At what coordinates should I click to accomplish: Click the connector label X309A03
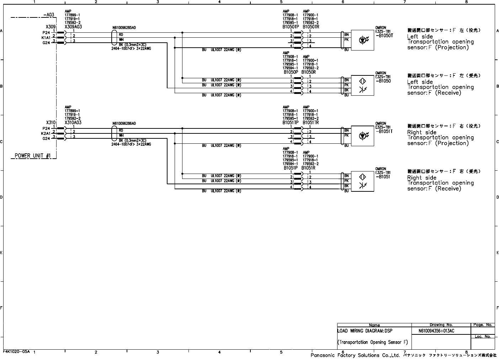73,27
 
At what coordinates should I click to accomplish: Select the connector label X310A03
73,122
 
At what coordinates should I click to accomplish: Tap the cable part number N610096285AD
124,27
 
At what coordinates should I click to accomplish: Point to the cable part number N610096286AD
124,123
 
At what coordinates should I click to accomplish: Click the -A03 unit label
48,15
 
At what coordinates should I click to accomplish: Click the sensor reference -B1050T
384,36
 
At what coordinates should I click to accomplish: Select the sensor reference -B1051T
384,131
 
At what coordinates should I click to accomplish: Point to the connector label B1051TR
311,122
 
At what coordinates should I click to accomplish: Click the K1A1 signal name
46,37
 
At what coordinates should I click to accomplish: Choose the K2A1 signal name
46,133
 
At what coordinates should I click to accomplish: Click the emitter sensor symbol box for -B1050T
362,40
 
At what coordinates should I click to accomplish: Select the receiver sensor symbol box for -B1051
362,181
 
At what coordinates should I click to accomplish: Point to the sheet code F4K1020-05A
17,351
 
